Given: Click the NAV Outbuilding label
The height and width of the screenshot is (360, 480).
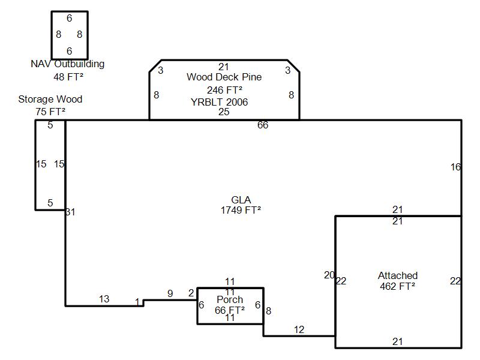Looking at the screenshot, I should pos(67,64).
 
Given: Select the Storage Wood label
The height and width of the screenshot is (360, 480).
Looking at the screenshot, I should pos(50,100).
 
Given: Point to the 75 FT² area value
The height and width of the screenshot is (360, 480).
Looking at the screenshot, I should pos(50,112).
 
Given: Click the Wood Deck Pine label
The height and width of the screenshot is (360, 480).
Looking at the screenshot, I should pos(224,77).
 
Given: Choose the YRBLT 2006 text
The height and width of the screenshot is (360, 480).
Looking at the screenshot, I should pos(219,102).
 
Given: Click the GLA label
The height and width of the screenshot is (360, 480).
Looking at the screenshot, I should pos(241,200).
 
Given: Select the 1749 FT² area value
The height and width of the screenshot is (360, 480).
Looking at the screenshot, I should pos(241,210).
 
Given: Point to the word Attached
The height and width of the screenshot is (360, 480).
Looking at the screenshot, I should pos(397,276).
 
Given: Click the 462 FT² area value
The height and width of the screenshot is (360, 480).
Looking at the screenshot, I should pos(397,286).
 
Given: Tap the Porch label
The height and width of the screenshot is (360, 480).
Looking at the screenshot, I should pos(230,300).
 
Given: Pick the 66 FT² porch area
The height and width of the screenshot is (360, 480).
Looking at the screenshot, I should pos(230,310).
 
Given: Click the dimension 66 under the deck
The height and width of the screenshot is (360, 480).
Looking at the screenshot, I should pos(263,125).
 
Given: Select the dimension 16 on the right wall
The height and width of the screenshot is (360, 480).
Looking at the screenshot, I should pos(455,167).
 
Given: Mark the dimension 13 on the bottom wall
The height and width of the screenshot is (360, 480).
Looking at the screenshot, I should pos(104,299).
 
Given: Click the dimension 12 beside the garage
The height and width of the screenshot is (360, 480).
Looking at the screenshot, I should pos(299,329).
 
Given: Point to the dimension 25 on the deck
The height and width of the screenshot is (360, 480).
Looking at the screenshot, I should pos(224,112).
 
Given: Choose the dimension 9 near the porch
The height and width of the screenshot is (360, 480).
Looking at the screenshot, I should pos(170,294).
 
